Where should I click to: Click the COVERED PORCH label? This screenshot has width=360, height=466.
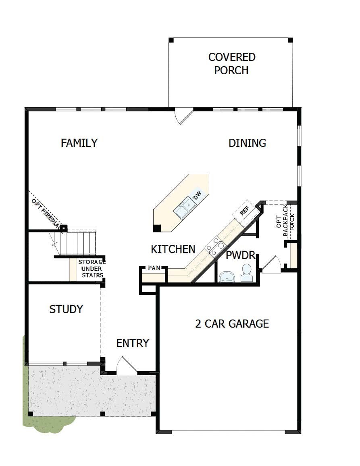coord(232,64)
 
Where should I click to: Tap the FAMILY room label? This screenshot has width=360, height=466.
coord(79,143)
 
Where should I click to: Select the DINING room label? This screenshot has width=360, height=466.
coord(247,143)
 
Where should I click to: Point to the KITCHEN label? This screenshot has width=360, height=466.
coord(173,249)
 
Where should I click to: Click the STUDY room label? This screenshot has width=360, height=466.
coord(66,309)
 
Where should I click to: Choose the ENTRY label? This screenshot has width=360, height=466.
coord(133,343)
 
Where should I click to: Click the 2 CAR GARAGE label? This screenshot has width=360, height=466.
coord(232,323)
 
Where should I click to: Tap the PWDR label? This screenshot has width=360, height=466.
coord(240,255)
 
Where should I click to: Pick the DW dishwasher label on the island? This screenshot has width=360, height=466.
coord(197,195)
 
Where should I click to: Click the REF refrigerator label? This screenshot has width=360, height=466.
coord(244,211)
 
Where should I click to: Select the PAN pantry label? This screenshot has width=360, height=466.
coord(154,268)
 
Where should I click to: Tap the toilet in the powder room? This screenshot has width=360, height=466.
coord(247,273)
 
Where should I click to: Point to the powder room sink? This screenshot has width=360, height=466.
coord(227,277)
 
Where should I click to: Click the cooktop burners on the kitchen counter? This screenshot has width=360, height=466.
coord(215,246)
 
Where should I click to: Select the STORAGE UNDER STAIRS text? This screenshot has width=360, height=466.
coord(92,269)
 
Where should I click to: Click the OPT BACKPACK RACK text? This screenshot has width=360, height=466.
coord(285,221)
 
